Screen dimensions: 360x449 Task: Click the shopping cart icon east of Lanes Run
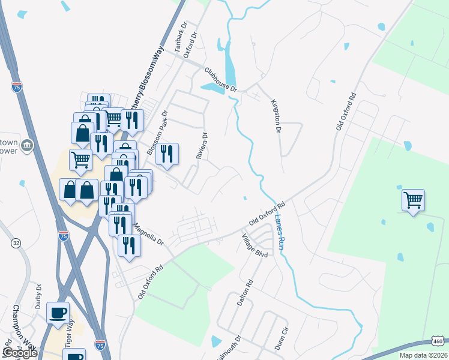(414, 200)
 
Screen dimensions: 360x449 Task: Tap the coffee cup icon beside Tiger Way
(58, 313)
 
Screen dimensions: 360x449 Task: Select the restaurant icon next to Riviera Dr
(167, 154)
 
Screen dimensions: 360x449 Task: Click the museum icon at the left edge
(26, 146)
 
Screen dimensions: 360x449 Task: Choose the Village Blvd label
(254, 245)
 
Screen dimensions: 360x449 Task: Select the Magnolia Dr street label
(148, 235)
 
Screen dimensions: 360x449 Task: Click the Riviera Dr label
(202, 146)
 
